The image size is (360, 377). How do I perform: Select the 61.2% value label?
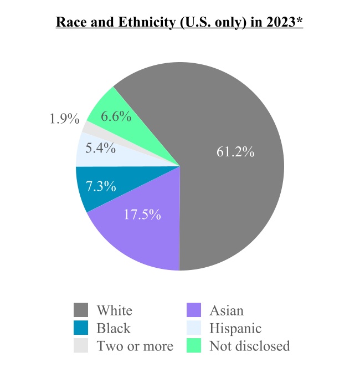(235, 152)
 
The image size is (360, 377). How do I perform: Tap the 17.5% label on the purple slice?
(142, 215)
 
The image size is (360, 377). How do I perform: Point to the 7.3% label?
(101, 186)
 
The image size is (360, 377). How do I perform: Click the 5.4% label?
(100, 148)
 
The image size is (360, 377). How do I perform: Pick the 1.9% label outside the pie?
(65, 119)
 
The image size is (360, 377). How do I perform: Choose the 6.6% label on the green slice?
(116, 116)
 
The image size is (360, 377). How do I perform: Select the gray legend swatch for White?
(81, 310)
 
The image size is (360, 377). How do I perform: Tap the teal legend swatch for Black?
(81, 328)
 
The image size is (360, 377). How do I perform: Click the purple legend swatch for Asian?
(194, 310)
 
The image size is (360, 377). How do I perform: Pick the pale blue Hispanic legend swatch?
(194, 328)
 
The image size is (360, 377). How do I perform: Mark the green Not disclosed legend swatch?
(194, 346)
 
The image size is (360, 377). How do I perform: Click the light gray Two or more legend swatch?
(81, 346)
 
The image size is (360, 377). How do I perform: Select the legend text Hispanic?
(235, 328)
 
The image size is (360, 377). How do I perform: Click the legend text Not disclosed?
(249, 346)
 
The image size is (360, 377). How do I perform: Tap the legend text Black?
(114, 328)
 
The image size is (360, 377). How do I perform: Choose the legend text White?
(115, 310)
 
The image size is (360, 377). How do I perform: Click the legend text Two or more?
(135, 346)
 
